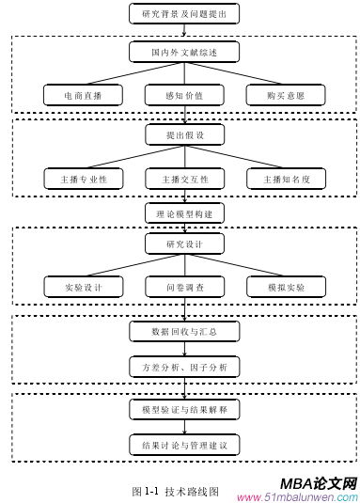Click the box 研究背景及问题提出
(x=184, y=14)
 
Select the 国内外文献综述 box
(x=184, y=52)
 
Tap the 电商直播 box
(x=83, y=95)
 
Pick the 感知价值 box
(x=184, y=95)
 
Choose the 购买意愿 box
(x=286, y=95)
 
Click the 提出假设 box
(x=184, y=135)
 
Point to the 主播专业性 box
(x=83, y=178)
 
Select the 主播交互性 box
(x=184, y=178)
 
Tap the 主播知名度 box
(x=286, y=178)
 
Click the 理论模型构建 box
(x=184, y=213)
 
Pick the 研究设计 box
(x=184, y=244)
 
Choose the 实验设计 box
(x=83, y=287)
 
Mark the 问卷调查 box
(x=184, y=287)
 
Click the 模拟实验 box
(x=286, y=287)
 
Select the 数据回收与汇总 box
(x=184, y=331)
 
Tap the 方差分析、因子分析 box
(x=184, y=366)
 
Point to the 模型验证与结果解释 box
(x=184, y=410)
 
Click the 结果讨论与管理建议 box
(x=184, y=444)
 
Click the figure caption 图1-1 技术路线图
(x=176, y=490)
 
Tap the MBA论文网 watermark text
(x=319, y=482)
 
